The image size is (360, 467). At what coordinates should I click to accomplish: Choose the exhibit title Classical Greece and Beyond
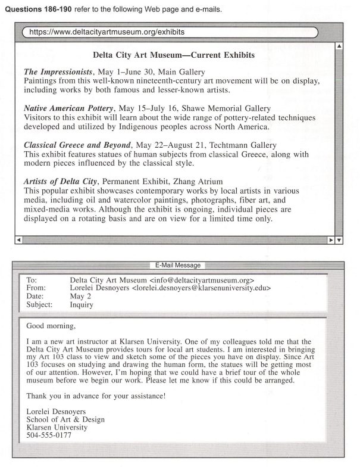coord(77,145)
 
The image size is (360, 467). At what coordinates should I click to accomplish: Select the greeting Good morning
coord(52,326)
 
